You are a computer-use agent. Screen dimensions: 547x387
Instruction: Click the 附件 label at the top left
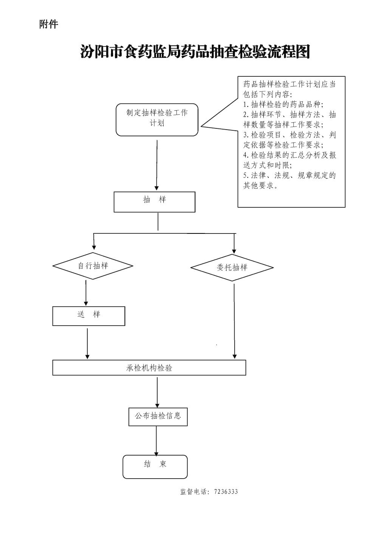coord(49,25)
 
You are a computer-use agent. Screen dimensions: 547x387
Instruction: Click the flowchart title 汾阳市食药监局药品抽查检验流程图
coord(195,52)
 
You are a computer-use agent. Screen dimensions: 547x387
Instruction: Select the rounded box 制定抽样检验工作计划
coord(157,119)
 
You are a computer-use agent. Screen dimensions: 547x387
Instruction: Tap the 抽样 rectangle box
coord(155,202)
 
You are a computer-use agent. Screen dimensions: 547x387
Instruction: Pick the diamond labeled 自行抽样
coord(93,266)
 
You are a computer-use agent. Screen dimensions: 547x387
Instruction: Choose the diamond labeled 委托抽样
coord(232,267)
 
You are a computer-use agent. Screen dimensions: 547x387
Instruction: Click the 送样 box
coord(88,316)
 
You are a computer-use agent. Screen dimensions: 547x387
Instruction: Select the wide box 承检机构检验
coord(149,368)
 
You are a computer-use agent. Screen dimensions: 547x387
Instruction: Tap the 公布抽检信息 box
coord(158,416)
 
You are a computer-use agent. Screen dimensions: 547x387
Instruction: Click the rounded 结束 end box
coord(155,467)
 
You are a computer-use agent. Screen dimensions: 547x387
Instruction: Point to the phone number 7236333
coord(226,491)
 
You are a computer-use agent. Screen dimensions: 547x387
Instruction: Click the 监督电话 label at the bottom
coord(194,491)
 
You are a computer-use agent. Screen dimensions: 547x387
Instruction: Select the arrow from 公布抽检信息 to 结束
coord(156,440)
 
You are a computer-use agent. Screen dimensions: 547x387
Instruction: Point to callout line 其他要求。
coord(260,185)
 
